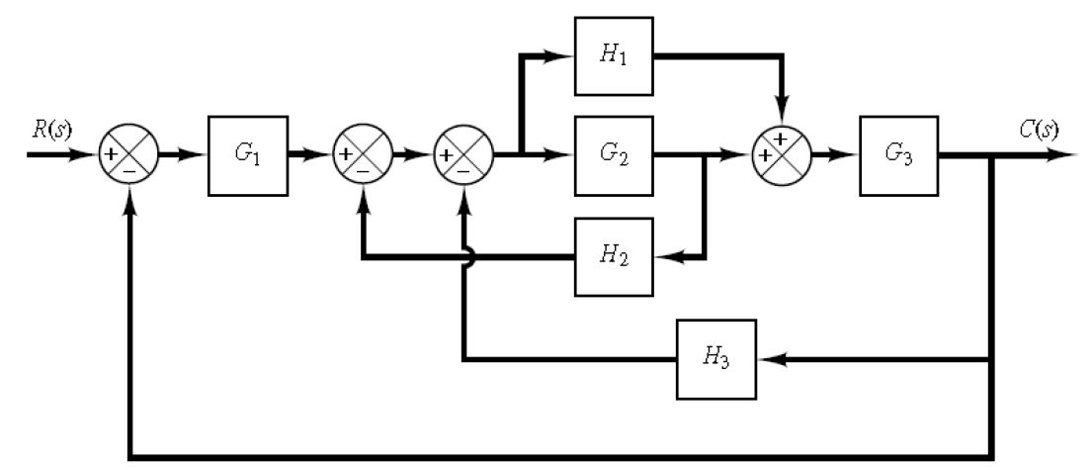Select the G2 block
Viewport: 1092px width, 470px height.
(x=614, y=156)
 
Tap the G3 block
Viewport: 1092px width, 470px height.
(x=897, y=156)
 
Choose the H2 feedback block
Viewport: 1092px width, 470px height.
(x=614, y=256)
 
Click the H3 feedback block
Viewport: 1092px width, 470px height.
(x=716, y=358)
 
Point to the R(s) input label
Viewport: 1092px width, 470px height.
(x=49, y=130)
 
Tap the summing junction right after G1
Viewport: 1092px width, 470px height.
(x=365, y=156)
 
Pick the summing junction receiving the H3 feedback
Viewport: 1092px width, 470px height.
(x=462, y=156)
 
